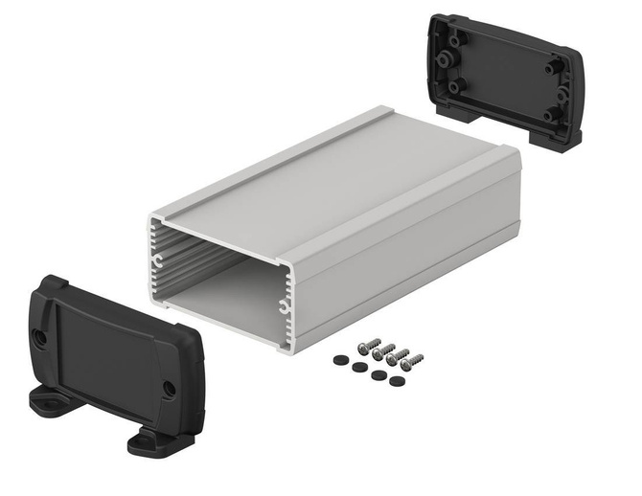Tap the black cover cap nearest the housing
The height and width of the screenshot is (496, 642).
coord(339,359)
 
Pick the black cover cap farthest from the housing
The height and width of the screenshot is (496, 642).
coord(395,380)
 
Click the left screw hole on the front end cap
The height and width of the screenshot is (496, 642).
coord(40,337)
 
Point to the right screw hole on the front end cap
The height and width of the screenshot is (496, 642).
coord(169,389)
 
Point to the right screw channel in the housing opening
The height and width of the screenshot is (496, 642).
coord(284,306)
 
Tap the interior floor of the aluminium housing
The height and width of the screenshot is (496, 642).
coord(230,297)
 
